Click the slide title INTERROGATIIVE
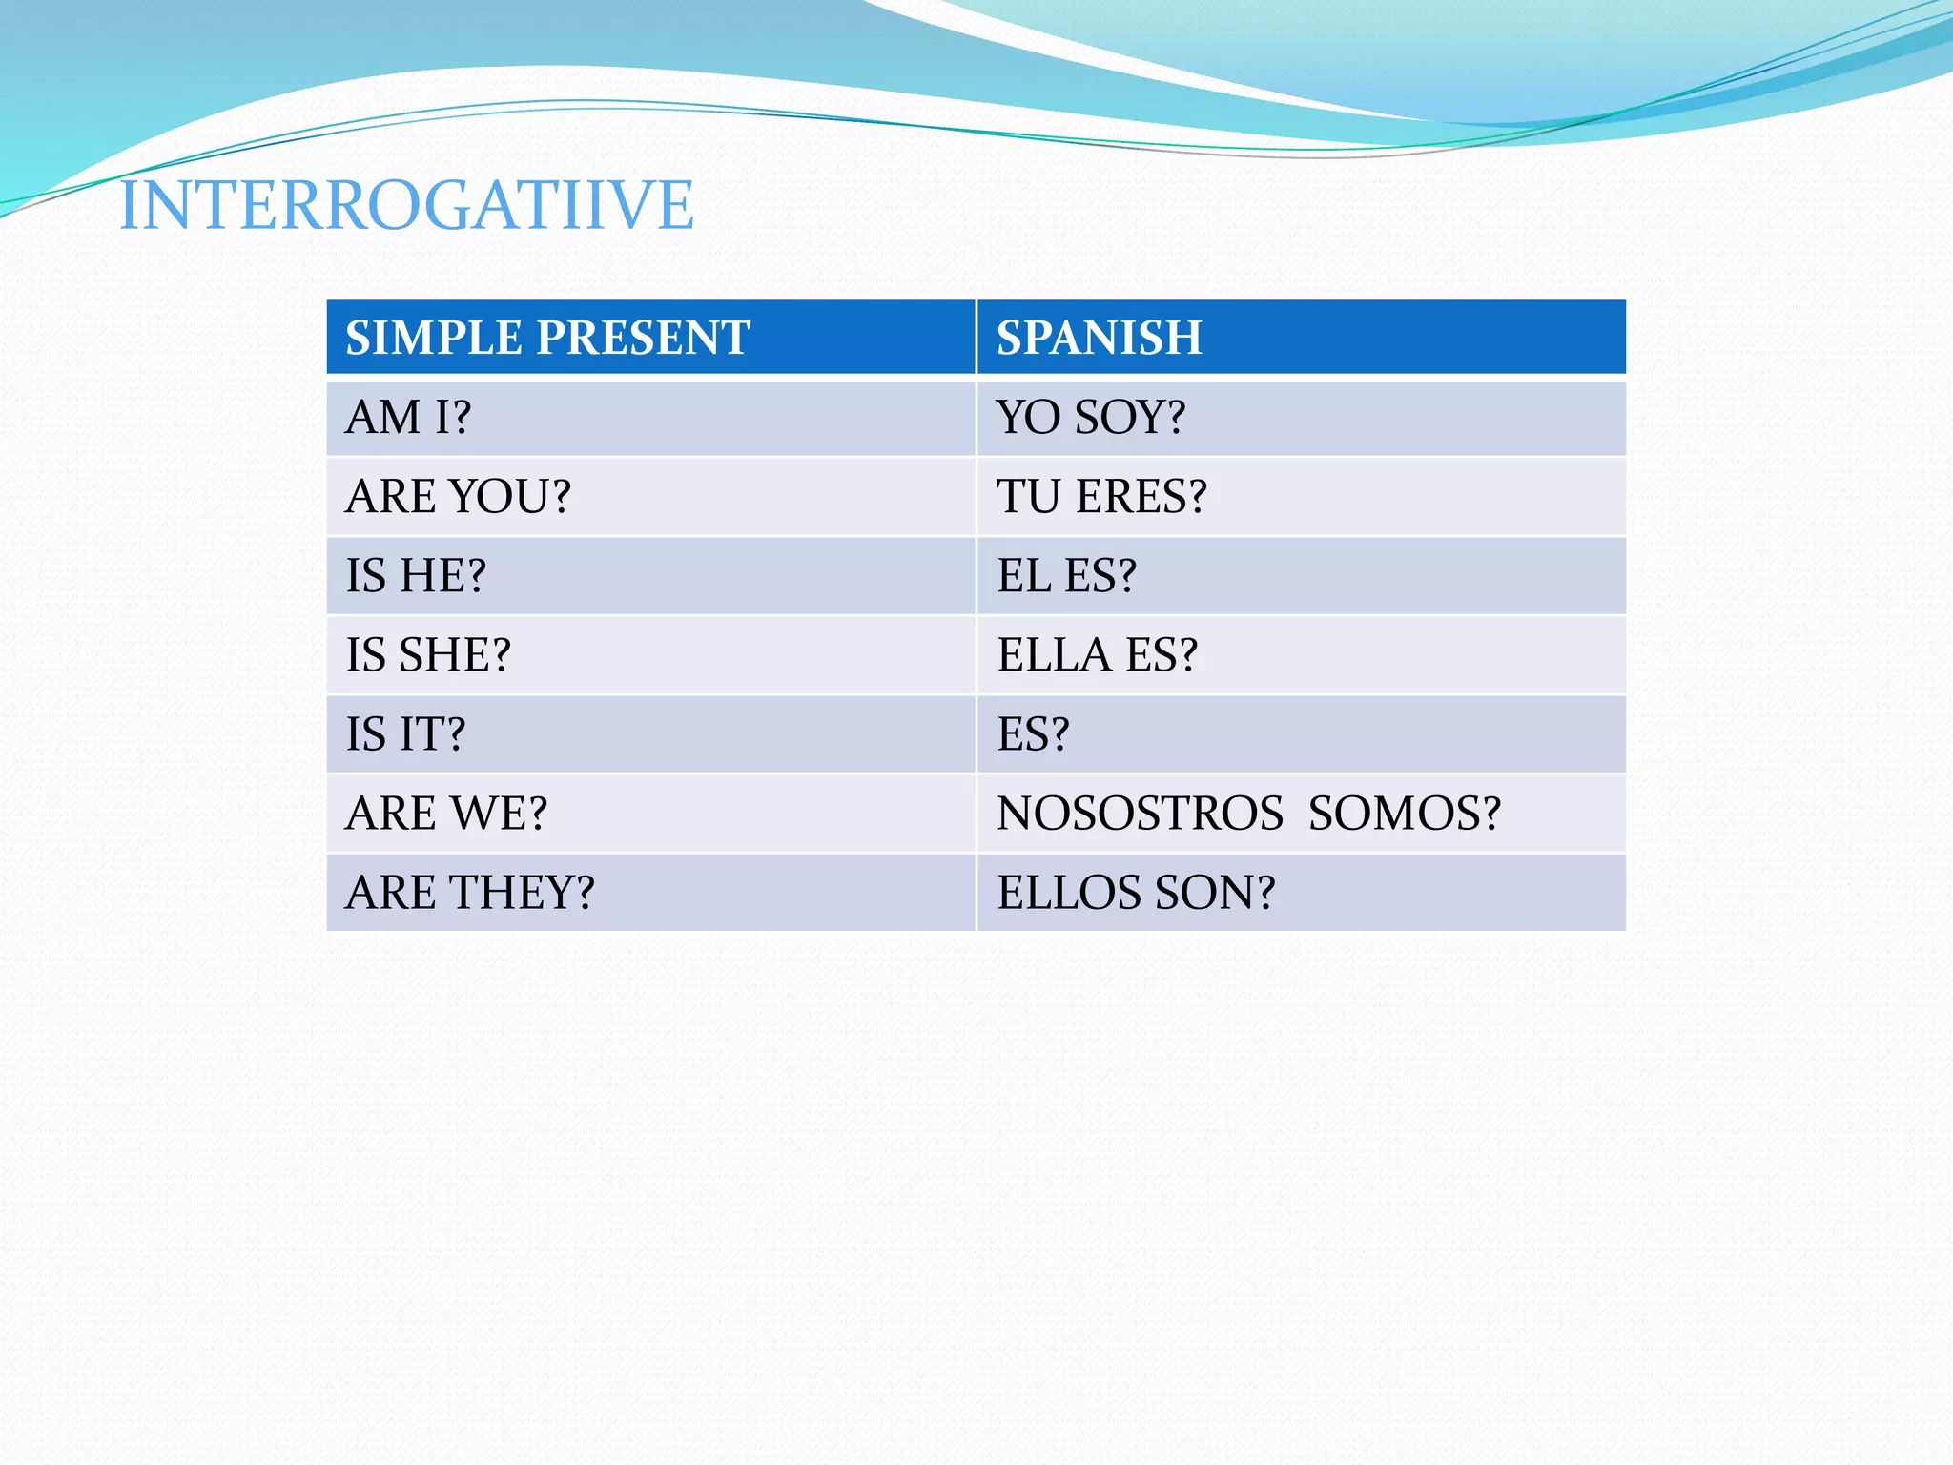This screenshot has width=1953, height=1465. point(406,205)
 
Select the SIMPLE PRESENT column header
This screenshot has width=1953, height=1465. point(547,338)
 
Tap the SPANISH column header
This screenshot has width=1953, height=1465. point(1099,338)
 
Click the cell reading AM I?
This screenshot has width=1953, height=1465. point(408,418)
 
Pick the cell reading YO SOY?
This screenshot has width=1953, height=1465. point(1091,418)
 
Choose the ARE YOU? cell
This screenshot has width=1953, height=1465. point(458,497)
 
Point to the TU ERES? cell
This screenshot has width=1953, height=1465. point(1101,497)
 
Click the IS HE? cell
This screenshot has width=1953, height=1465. point(416,576)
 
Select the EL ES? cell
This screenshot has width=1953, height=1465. point(1066,576)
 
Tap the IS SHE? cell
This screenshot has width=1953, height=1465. point(428,655)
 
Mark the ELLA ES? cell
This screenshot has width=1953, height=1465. point(1097,655)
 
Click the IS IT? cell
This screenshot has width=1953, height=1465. point(405,734)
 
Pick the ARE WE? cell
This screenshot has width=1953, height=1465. point(446,814)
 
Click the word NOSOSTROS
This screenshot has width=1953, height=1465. point(1140,814)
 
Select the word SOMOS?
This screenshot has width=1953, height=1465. point(1404,814)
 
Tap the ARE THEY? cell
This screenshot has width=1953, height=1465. point(469,893)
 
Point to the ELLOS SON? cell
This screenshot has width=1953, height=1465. point(1136,893)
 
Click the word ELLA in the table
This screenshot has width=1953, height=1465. point(1054,655)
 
